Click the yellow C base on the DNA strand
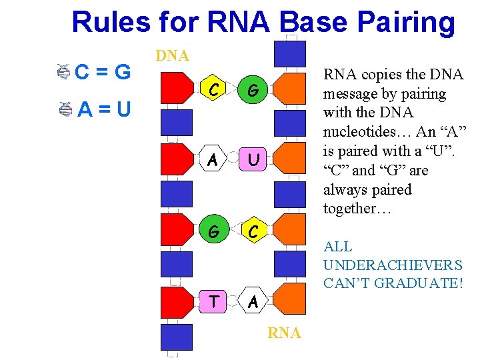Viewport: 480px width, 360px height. point(214,88)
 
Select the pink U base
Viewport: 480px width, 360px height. point(252,159)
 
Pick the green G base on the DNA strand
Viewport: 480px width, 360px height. point(214,231)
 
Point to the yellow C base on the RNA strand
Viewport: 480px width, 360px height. point(252,231)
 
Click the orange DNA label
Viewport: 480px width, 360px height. point(172,56)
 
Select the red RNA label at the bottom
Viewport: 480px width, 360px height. point(284,333)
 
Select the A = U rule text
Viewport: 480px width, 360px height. point(104,108)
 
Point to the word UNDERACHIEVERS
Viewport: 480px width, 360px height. point(392,265)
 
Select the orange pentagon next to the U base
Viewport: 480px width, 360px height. point(289,159)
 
